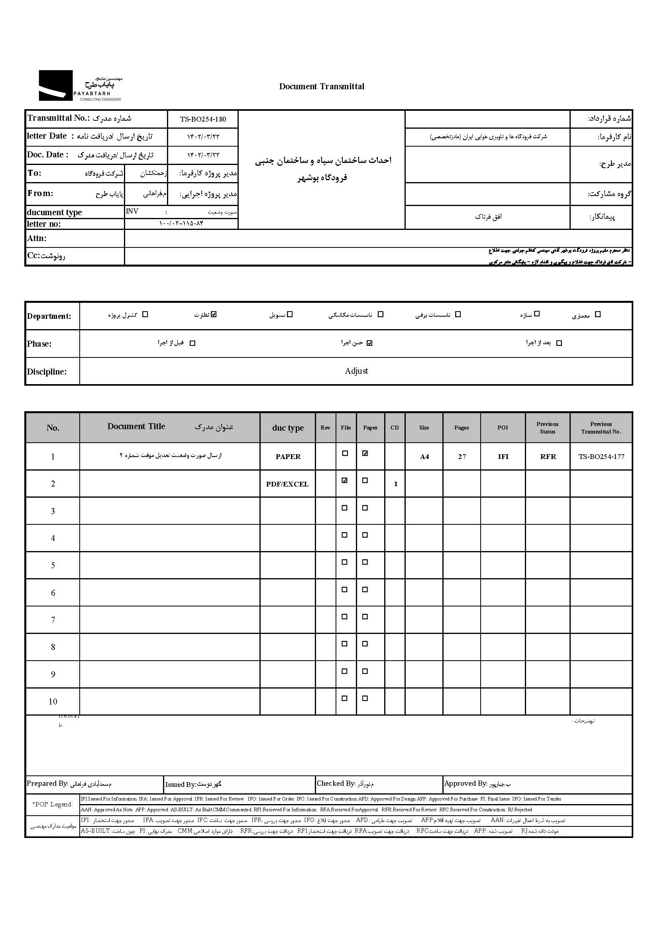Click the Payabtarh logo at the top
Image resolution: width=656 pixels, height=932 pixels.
[80, 86]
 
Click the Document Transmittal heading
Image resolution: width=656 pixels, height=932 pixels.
[322, 86]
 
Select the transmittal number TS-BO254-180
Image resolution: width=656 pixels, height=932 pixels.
[203, 119]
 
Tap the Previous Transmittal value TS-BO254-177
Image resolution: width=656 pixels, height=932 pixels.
[601, 456]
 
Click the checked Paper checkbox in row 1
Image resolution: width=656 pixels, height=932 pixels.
[365, 453]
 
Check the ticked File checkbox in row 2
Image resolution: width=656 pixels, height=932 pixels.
[345, 481]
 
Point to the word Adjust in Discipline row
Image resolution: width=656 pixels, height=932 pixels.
[356, 371]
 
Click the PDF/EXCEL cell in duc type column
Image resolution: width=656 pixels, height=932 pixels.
[287, 484]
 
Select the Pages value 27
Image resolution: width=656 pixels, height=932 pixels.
[462, 457]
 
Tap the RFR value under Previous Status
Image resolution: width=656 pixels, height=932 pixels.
[548, 457]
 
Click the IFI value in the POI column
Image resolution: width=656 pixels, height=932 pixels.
[503, 457]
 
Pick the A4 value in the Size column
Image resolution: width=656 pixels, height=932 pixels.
[424, 457]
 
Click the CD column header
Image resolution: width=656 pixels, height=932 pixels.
[395, 428]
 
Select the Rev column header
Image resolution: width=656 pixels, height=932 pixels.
[325, 428]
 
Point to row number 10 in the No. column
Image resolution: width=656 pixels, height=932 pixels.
[53, 701]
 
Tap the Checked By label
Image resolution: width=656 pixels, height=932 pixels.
[336, 783]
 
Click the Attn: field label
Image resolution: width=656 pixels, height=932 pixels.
[37, 238]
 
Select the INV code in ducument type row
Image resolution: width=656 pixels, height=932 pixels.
[132, 211]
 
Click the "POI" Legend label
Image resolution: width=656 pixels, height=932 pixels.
[53, 804]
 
